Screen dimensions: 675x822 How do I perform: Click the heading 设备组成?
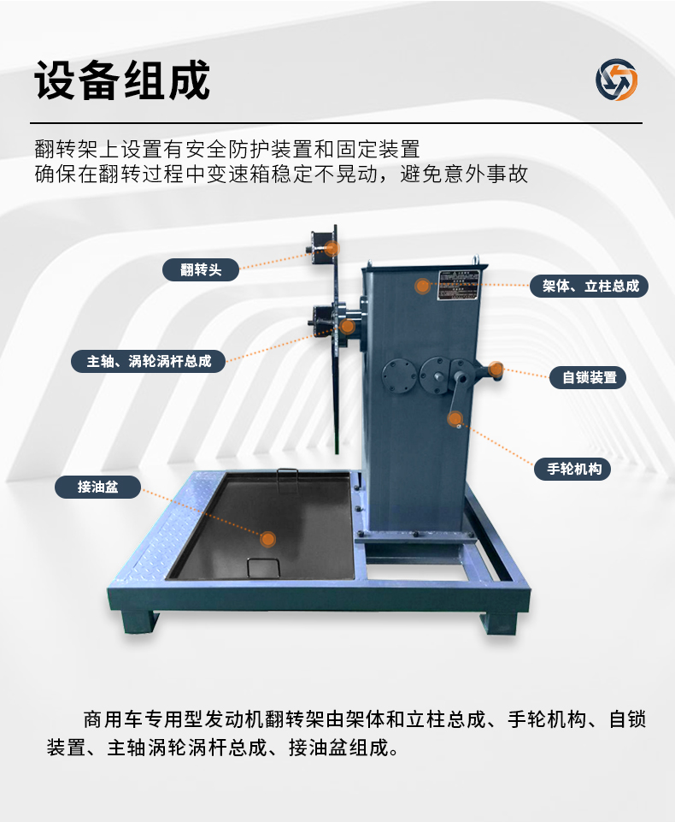click(x=122, y=80)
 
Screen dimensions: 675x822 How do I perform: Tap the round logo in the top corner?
click(x=616, y=80)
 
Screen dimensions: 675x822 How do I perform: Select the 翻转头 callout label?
click(x=201, y=270)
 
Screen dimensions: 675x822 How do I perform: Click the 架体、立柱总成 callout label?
click(x=590, y=286)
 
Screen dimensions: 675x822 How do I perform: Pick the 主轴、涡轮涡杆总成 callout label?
click(x=148, y=361)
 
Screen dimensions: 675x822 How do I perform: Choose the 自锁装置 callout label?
click(x=588, y=377)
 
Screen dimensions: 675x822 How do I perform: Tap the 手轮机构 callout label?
click(x=572, y=469)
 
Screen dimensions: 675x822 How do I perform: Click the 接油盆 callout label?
click(x=97, y=487)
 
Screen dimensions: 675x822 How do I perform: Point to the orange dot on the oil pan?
click(x=268, y=539)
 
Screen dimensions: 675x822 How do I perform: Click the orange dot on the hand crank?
click(x=455, y=418)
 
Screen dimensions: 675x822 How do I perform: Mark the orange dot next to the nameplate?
click(x=422, y=286)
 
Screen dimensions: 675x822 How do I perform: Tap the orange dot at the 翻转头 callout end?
click(x=332, y=248)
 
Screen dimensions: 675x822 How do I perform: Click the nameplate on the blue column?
click(x=458, y=286)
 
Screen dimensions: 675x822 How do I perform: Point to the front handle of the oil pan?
click(x=263, y=567)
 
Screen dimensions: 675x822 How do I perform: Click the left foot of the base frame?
click(x=139, y=622)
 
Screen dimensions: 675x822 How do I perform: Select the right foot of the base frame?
click(x=499, y=622)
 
